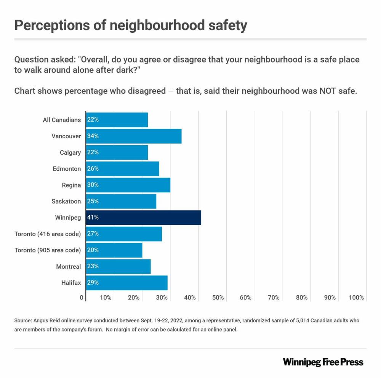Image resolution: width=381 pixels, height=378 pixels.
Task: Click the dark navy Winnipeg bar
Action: [x=143, y=218]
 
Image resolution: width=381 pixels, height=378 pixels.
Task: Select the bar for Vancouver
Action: [x=133, y=136]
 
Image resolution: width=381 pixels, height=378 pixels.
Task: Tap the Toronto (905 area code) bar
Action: [x=114, y=250]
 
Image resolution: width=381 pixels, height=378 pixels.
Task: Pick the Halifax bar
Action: [x=126, y=283]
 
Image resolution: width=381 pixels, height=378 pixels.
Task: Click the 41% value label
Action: [x=93, y=218]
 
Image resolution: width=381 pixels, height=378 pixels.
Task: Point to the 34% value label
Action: [x=93, y=136]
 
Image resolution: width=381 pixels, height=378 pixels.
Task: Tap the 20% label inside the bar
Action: [x=93, y=250]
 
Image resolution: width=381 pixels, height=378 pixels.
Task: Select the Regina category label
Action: [x=71, y=185]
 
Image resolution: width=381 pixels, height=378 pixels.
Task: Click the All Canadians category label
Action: [x=62, y=120]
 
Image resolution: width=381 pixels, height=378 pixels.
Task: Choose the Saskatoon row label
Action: [x=66, y=201]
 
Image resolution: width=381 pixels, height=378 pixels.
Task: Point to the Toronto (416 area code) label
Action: [x=48, y=234]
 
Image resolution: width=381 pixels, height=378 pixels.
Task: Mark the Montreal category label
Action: [x=68, y=267]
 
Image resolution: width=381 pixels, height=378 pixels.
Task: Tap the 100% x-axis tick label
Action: [x=356, y=298]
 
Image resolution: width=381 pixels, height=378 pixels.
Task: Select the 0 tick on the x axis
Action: [x=82, y=298]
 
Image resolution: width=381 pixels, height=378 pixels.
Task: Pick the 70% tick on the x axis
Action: [x=274, y=298]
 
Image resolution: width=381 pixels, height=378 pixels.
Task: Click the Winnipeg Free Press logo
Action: [x=323, y=362]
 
